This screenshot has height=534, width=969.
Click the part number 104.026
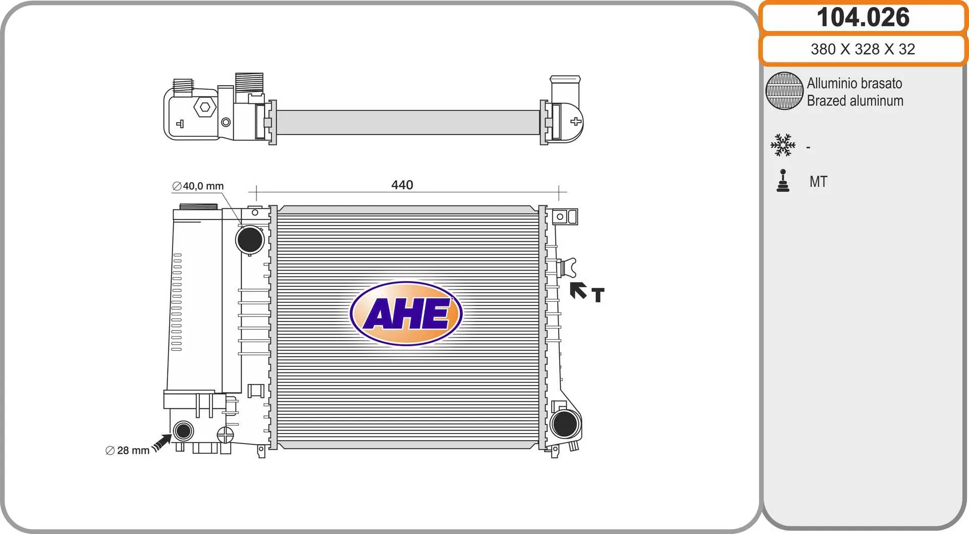(x=863, y=17)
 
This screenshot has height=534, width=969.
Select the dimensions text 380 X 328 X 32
(x=863, y=49)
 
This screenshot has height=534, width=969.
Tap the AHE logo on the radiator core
(x=406, y=313)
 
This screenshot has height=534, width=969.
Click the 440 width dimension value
(x=402, y=185)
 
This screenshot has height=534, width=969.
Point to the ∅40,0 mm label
(x=198, y=186)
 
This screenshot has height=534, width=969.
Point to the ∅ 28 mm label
(x=128, y=450)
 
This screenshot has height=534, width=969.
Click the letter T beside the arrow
(x=598, y=295)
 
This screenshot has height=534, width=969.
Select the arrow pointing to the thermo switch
(x=578, y=290)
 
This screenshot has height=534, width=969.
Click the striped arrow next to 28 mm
(x=162, y=443)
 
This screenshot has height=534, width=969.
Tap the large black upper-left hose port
(x=250, y=239)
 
